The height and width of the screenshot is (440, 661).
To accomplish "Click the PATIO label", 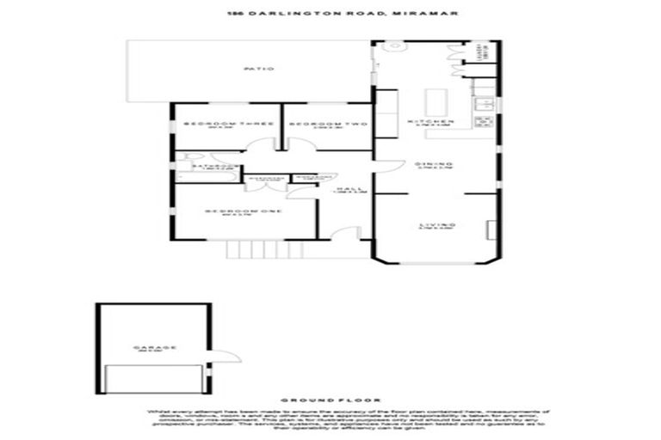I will [x=256, y=69].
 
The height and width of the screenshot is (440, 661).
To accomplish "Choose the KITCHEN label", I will [x=429, y=124].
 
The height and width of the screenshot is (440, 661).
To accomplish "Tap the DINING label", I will [x=429, y=165].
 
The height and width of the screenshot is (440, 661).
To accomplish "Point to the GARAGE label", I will [x=155, y=348].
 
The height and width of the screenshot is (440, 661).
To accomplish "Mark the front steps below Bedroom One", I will [x=246, y=250].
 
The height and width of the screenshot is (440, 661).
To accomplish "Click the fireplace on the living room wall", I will [x=492, y=229].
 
